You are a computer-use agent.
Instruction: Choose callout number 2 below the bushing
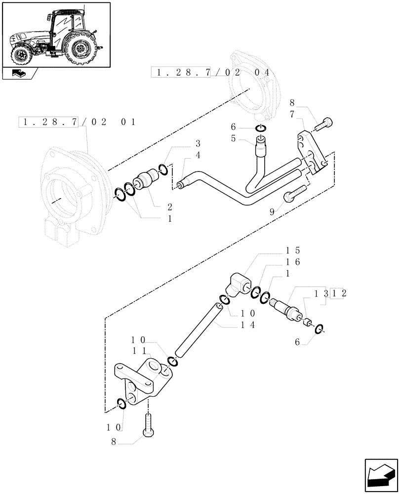[170, 206]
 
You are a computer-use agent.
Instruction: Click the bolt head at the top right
[327, 122]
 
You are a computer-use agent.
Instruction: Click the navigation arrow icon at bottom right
[381, 475]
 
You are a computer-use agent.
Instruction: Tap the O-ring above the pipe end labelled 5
[262, 129]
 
